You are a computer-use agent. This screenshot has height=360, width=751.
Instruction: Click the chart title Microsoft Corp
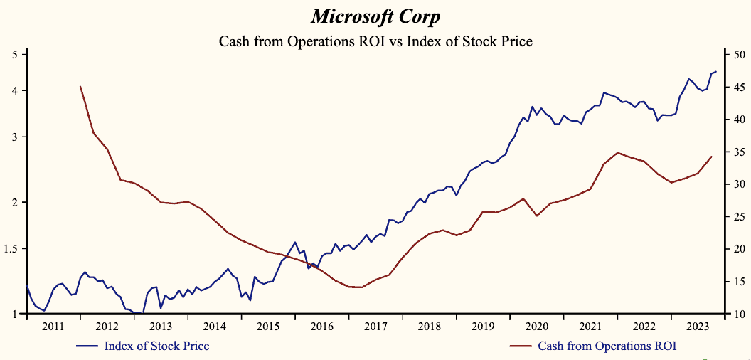[375, 16]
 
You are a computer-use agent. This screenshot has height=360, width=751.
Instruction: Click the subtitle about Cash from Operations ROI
[375, 41]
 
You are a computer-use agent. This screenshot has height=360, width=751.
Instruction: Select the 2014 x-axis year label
[215, 326]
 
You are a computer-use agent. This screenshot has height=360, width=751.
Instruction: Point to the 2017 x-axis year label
[375, 326]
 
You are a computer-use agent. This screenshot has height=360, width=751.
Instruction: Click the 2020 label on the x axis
[536, 326]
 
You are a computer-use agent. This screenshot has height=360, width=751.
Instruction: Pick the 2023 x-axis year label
[697, 326]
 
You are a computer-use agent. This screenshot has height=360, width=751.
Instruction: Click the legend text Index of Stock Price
[156, 346]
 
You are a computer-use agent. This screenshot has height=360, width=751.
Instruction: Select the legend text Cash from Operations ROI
[607, 346]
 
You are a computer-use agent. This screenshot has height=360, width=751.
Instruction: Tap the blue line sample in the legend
[87, 346]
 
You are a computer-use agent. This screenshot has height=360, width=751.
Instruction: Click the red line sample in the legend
[521, 346]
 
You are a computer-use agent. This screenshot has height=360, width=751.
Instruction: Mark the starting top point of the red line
[80, 86]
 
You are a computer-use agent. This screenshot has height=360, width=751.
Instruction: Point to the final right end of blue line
[716, 71]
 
